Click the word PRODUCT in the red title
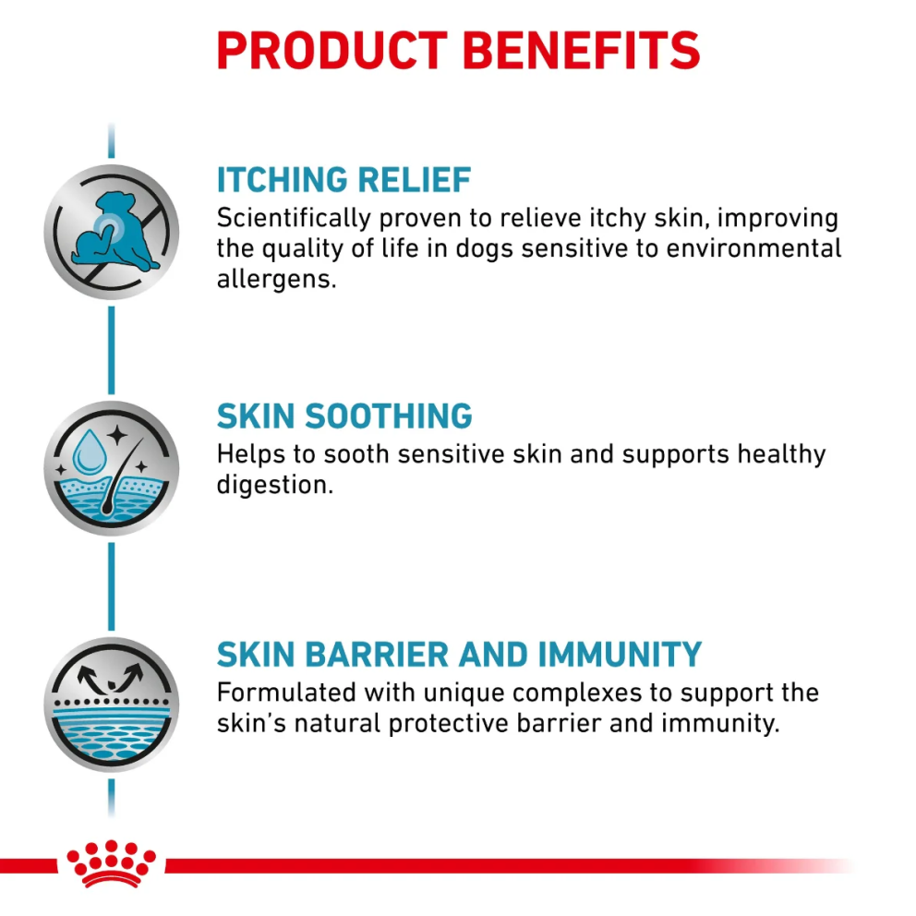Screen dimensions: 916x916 tap(331, 51)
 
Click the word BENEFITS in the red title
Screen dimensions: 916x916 tap(581, 51)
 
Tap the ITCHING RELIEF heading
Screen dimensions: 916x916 tap(343, 179)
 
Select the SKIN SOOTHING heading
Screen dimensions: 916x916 tap(344, 416)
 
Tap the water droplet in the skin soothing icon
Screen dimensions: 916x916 tap(90, 452)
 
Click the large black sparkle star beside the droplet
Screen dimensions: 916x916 tap(117, 435)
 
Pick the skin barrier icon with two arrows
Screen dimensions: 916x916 tap(112, 705)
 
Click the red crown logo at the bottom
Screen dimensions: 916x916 tap(111, 863)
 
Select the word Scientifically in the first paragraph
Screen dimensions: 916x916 tap(294, 219)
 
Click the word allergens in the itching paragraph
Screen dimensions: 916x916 tap(276, 279)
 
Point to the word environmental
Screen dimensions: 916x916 tap(753, 249)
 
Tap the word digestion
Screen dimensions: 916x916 tap(274, 485)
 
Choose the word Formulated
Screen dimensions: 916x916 tap(286, 693)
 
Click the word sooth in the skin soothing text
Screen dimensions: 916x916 tap(356, 454)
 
